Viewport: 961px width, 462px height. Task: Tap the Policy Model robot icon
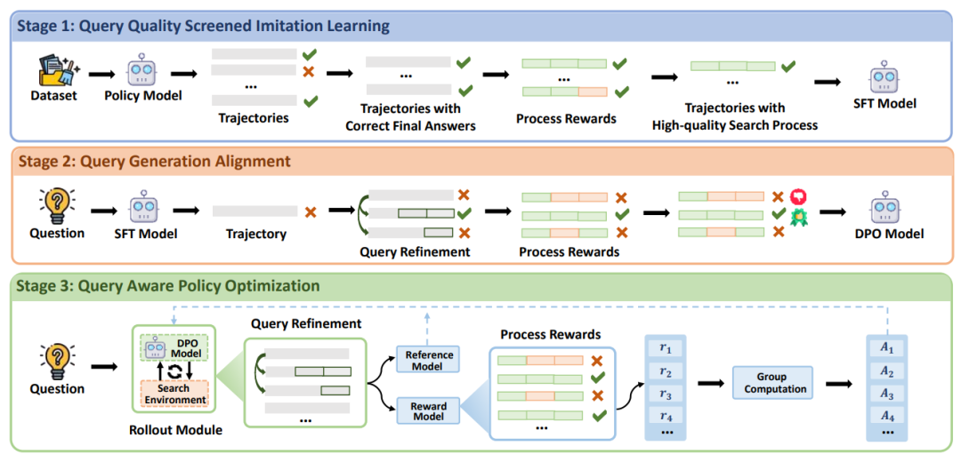coord(142,70)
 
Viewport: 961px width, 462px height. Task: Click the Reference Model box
coord(429,361)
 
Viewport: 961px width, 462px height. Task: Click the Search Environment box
coord(174,394)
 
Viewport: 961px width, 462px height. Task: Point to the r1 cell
coord(666,348)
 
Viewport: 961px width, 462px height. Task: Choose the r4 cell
coord(666,416)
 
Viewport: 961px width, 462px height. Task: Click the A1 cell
coord(885,348)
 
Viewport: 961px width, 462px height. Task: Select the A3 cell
coord(885,394)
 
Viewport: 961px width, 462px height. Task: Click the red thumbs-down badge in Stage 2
coord(798,196)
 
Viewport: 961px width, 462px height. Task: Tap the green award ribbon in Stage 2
coord(798,216)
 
